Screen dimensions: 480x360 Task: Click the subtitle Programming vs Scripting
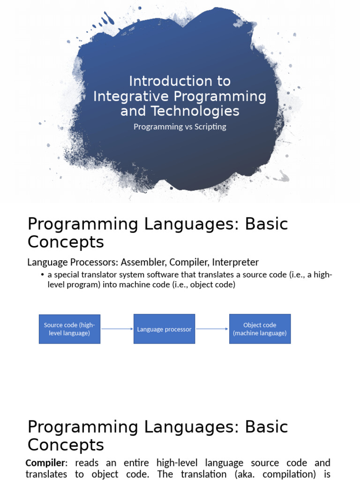coord(180,127)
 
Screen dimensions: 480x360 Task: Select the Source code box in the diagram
coord(69,329)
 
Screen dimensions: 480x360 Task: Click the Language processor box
coord(164,329)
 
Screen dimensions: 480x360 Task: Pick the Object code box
coord(260,329)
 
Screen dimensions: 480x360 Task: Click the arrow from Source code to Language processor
coord(117,329)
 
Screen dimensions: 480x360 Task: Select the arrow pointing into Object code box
coord(212,329)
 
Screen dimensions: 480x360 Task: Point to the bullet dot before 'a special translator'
coord(43,275)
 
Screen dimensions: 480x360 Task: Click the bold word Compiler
coord(45,463)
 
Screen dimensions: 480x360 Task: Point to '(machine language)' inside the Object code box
coord(260,333)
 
